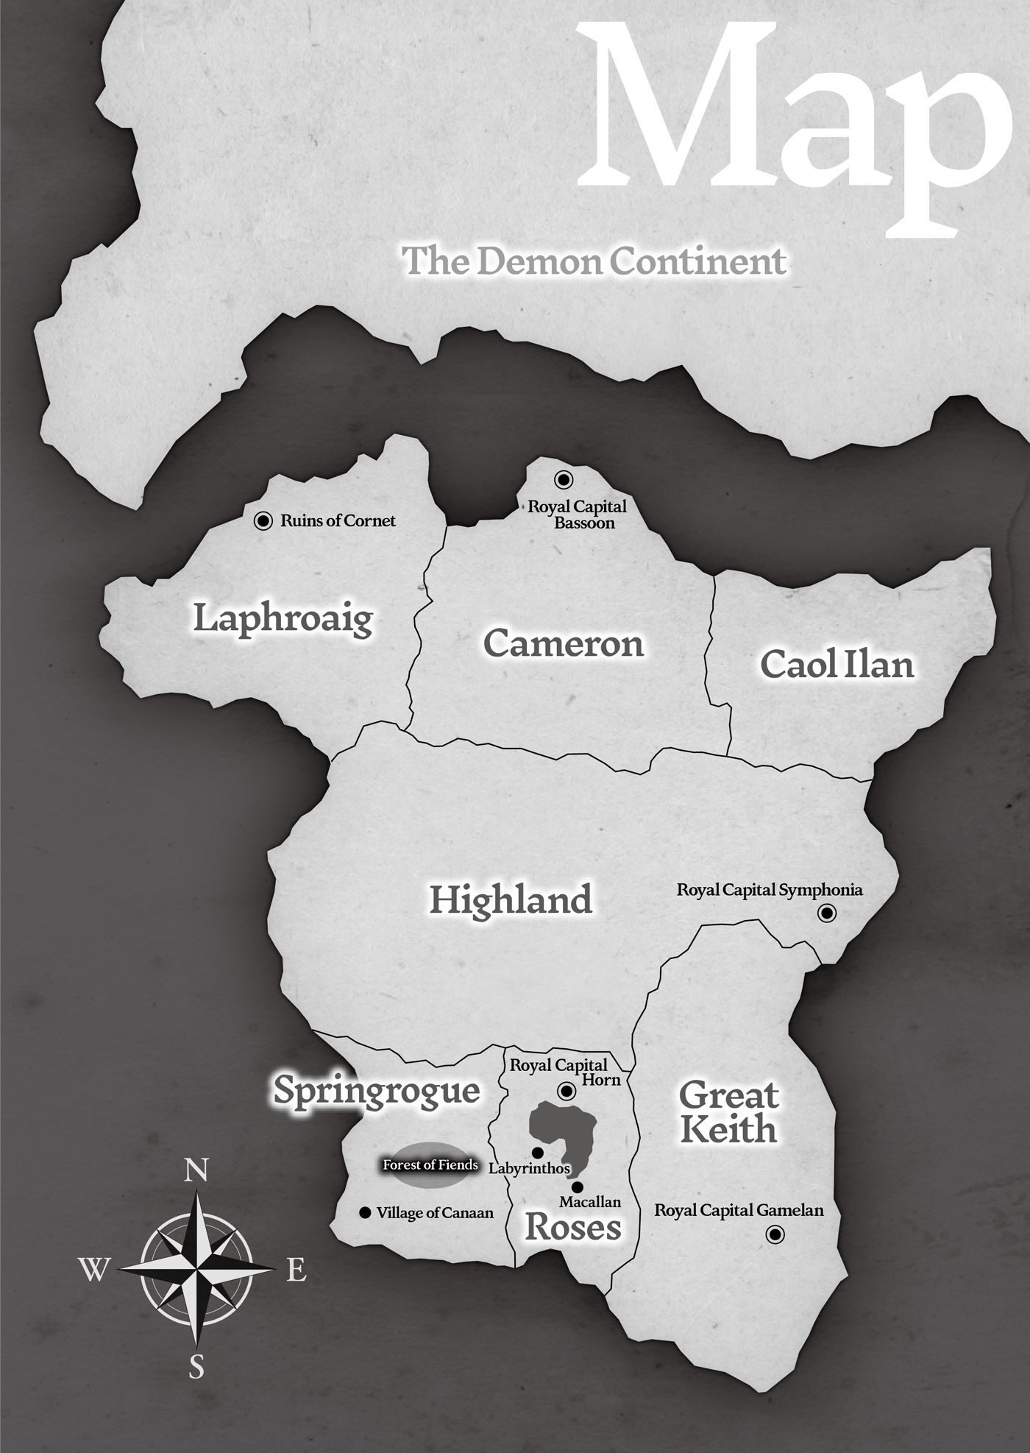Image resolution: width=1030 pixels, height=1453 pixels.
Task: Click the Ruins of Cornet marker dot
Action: [x=263, y=521]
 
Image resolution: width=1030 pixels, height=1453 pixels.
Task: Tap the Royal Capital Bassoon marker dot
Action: [x=564, y=480]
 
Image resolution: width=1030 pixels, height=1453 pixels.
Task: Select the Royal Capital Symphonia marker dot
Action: [x=827, y=913]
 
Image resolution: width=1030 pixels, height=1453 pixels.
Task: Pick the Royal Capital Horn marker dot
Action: [x=566, y=1090]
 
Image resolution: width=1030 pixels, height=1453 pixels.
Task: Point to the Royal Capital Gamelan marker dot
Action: [x=775, y=1234]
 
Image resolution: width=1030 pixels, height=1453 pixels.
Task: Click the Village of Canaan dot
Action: [x=364, y=1213]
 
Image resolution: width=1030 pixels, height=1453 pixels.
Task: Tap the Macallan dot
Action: [x=578, y=1187]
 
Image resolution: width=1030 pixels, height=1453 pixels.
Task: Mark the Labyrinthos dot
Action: [x=538, y=1152]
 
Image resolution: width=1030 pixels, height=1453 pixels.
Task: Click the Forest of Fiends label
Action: [x=430, y=1165]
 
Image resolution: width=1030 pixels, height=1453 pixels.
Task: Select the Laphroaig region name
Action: [x=283, y=618]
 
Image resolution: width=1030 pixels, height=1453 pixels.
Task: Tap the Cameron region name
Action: [x=564, y=644]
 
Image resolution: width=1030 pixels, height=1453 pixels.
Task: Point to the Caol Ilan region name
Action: [x=837, y=665]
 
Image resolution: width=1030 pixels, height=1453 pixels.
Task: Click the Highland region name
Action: [x=511, y=900]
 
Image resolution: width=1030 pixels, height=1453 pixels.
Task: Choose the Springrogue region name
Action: [x=377, y=1091]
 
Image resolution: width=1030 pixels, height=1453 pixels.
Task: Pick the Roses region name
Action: [x=573, y=1227]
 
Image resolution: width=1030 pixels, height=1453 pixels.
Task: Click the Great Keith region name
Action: [x=728, y=1112]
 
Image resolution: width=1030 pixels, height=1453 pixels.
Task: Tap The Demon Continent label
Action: [x=594, y=261]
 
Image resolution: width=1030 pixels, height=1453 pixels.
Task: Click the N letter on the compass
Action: [x=196, y=1170]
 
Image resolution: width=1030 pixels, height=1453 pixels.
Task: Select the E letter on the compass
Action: [x=296, y=1270]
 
